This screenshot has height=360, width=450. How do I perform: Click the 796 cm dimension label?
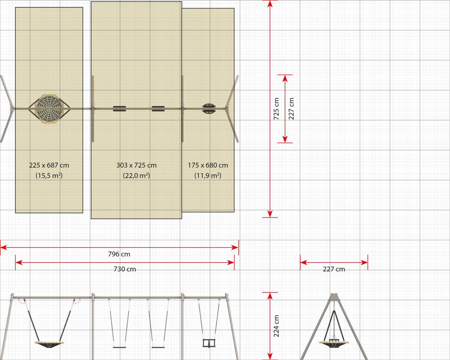[119, 254]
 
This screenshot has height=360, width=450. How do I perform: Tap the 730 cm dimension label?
[125, 269]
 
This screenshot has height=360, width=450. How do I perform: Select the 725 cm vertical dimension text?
[276, 109]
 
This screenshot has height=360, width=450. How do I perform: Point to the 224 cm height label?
[276, 326]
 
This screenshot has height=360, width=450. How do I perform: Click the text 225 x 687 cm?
[49, 165]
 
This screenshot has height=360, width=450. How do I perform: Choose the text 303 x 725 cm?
[136, 165]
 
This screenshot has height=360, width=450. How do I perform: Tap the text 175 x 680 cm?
[208, 165]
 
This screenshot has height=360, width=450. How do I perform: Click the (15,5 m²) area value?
[49, 175]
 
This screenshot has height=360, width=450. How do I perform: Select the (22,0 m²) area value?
[136, 175]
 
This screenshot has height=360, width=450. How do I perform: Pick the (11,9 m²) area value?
[208, 175]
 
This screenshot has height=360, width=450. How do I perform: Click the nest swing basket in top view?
[49, 109]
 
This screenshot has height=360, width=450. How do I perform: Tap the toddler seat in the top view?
[209, 109]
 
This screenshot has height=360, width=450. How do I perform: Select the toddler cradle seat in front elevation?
[209, 343]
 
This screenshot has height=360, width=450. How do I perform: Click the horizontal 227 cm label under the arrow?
[334, 269]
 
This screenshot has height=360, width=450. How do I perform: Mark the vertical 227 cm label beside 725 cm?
[291, 109]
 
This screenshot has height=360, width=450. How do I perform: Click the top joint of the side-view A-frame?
[334, 297]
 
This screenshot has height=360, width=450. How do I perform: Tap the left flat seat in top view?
[119, 109]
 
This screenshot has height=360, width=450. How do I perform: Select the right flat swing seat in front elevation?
[158, 347]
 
